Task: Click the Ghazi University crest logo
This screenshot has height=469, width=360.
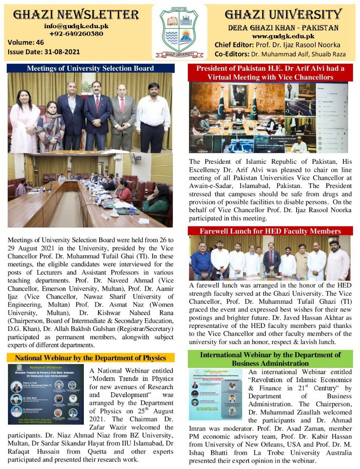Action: coord(179,32)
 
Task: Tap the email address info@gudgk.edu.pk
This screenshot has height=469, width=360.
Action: coord(76,26)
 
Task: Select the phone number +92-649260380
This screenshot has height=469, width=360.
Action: coord(76,34)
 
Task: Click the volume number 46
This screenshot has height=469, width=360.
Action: coord(40,43)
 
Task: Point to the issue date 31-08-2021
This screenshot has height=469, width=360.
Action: coord(62,52)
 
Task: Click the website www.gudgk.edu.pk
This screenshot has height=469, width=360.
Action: coord(283,36)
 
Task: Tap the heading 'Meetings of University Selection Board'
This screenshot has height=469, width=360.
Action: coord(90,68)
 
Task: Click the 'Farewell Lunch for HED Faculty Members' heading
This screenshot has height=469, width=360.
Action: coord(270,231)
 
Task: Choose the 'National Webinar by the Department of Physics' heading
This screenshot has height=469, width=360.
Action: coord(90,358)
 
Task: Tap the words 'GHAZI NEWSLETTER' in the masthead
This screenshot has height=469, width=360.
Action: coord(76,15)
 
